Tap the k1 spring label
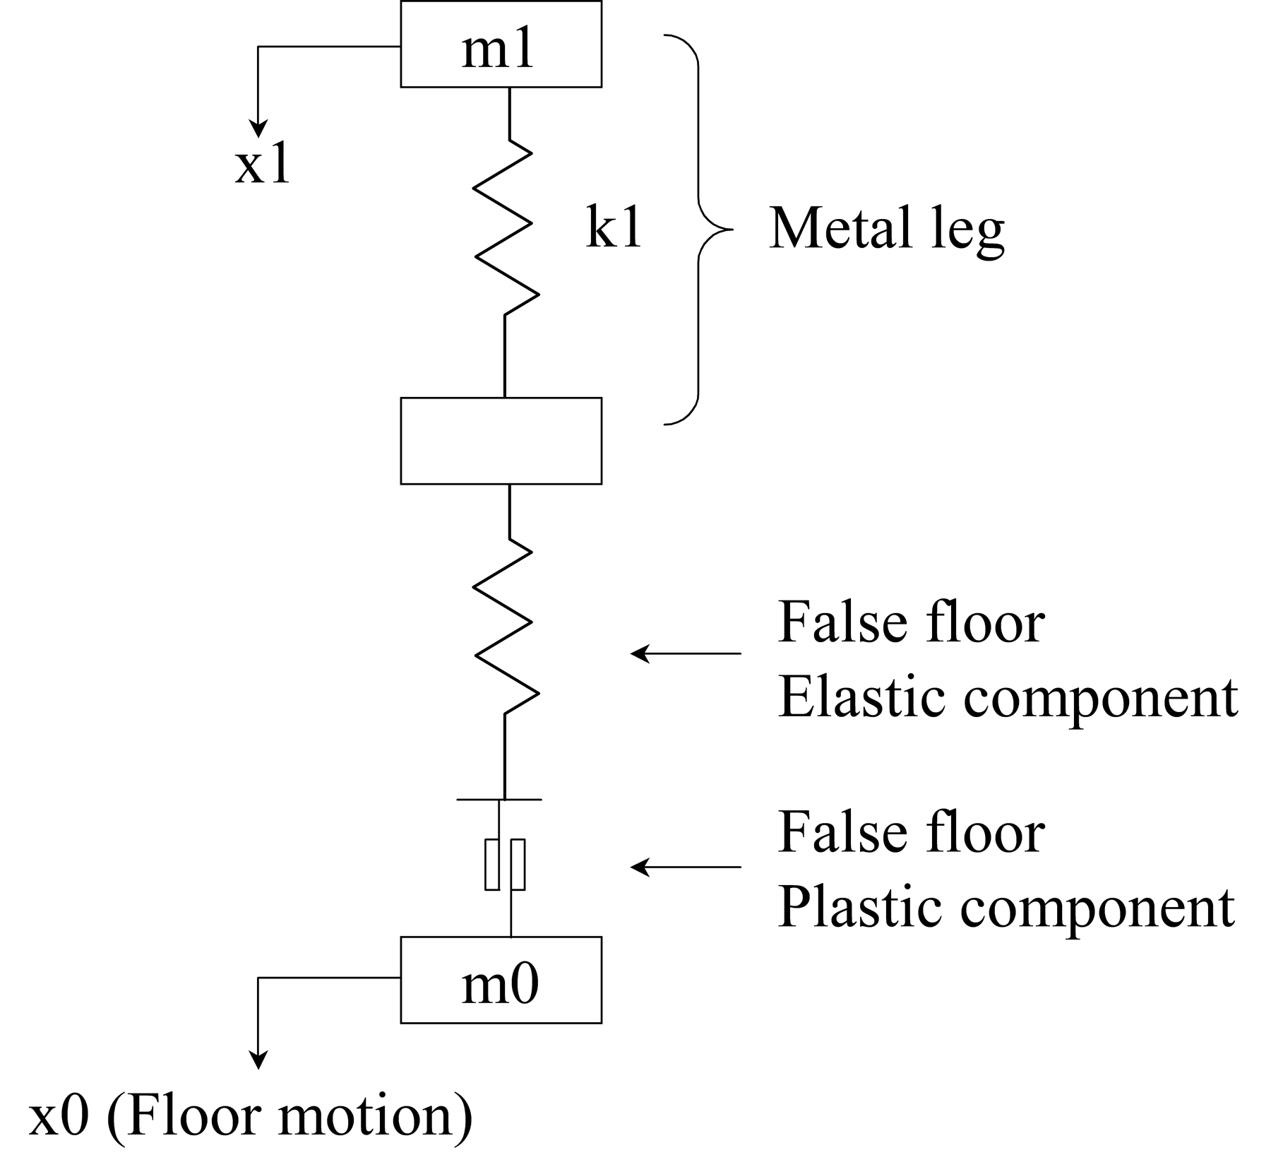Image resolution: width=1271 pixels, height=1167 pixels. pyautogui.click(x=614, y=227)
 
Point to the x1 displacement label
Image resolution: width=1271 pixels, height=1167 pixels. pyautogui.click(x=263, y=167)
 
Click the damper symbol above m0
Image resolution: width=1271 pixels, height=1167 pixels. pyautogui.click(x=504, y=865)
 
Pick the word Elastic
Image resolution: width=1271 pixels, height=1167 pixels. pyautogui.click(x=861, y=697)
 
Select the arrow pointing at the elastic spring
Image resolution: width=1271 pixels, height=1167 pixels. pyautogui.click(x=686, y=653)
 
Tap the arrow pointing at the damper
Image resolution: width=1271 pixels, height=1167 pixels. pyautogui.click(x=686, y=866)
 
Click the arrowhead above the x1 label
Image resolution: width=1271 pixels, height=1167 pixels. pyautogui.click(x=258, y=129)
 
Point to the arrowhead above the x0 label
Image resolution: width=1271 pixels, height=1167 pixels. pyautogui.click(x=258, y=1060)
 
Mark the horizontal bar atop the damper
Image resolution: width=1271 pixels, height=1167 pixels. pyautogui.click(x=499, y=799)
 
